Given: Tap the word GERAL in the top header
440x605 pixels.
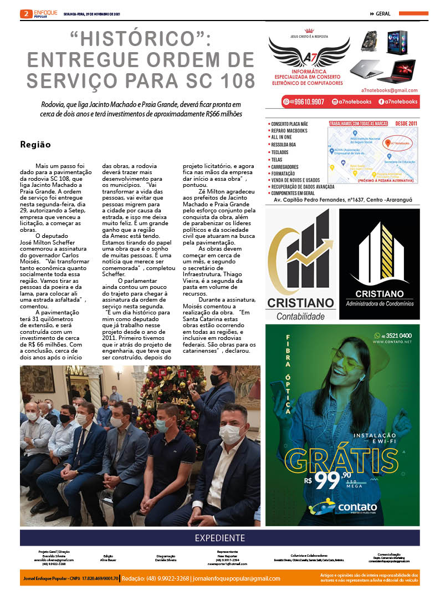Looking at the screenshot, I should point(383,14).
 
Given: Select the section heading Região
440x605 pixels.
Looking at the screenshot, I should point(35,145).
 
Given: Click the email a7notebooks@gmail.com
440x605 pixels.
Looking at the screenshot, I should point(389,90).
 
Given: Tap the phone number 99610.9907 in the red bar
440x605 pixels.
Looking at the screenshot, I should point(311,102).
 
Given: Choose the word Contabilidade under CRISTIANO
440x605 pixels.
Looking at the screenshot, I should point(301,316).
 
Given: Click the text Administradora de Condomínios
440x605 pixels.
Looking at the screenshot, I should point(380,303).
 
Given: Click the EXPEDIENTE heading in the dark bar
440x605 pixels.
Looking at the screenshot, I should point(220,538).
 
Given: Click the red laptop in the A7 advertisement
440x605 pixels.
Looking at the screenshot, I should point(396,70).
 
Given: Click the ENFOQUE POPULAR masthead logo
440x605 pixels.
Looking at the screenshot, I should point(45,14).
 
